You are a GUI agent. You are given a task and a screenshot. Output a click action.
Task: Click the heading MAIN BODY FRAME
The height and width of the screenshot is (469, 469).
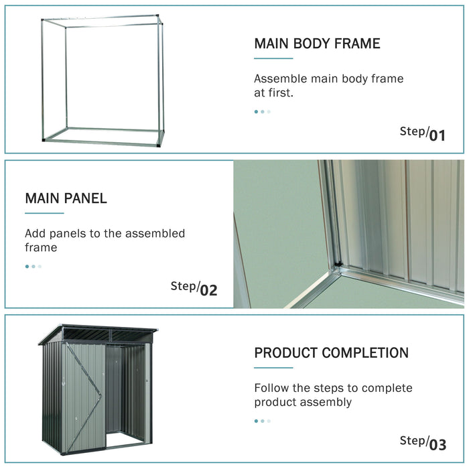[317, 44]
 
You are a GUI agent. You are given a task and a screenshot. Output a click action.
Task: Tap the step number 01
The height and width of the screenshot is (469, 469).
[437, 136]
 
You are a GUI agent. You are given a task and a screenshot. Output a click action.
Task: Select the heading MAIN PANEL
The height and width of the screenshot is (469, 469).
[66, 198]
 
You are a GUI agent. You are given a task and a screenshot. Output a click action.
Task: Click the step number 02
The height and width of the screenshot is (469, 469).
[208, 291]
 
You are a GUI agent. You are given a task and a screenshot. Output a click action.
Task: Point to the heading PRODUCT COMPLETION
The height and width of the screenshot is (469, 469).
[331, 353]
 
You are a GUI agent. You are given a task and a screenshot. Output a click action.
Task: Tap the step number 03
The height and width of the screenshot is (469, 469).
[437, 444]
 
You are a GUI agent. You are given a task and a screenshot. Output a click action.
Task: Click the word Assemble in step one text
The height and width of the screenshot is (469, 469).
[281, 79]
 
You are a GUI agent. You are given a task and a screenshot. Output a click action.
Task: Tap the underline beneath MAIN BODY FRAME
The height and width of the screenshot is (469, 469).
[273, 58]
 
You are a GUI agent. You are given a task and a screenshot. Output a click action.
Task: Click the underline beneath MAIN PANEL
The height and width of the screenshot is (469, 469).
[44, 213]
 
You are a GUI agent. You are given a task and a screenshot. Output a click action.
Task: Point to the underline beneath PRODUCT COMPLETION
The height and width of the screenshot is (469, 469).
[273, 368]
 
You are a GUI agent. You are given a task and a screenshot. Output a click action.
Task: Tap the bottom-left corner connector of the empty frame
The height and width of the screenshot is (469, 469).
[45, 140]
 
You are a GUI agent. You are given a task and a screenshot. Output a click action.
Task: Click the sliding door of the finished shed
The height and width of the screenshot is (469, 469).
[84, 395]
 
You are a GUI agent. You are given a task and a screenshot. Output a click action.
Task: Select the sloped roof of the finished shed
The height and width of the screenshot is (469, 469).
[100, 333]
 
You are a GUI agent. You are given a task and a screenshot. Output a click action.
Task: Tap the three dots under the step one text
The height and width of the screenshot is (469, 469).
[262, 112]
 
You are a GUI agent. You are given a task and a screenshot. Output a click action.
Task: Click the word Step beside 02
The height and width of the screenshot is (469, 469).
[183, 286]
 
